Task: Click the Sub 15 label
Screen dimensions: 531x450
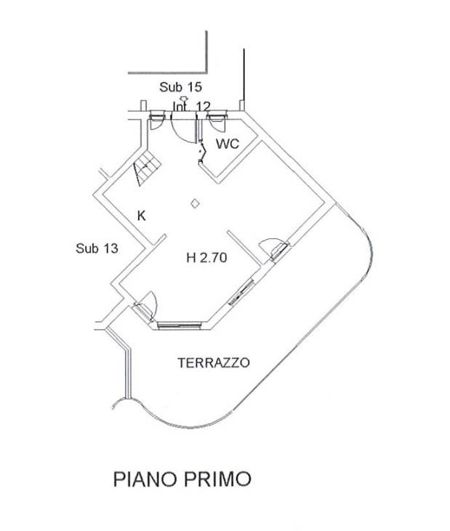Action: (181, 88)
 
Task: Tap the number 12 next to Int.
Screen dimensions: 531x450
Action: (203, 107)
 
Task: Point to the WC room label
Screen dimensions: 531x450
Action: (228, 144)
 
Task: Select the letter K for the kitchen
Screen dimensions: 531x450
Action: (142, 215)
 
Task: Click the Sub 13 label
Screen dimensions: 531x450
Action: (97, 248)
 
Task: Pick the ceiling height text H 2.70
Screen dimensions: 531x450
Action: (208, 256)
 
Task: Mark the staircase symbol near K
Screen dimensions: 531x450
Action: (145, 170)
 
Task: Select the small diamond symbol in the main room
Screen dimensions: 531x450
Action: (193, 205)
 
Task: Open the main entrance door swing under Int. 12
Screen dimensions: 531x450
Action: (182, 126)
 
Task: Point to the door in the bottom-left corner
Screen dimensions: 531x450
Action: (146, 306)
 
